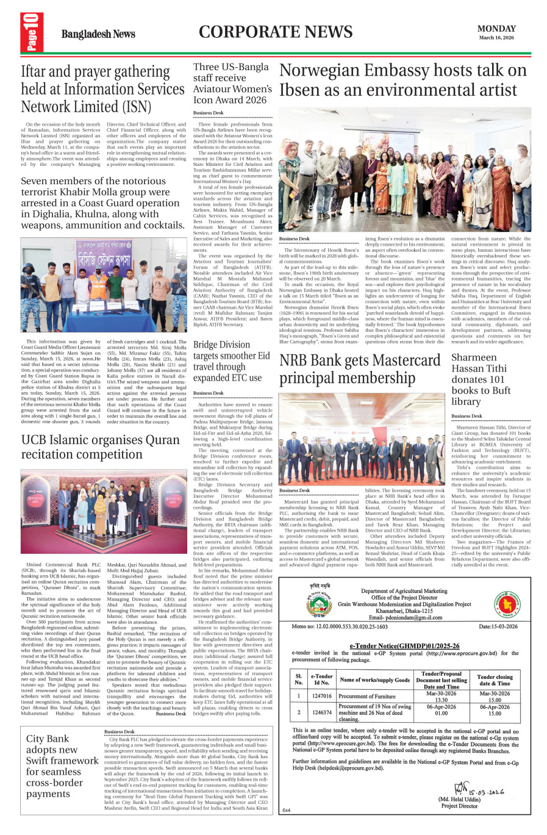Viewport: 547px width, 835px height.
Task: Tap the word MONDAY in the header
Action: click(496, 29)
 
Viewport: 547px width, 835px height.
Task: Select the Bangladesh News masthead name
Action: click(98, 34)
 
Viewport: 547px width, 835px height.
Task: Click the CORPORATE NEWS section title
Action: click(275, 32)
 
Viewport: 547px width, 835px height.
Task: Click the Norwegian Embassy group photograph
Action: click(404, 170)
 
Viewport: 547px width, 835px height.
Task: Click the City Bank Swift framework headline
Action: click(62, 765)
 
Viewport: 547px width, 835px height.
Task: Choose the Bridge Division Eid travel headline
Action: click(231, 361)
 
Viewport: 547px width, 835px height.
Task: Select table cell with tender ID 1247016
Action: click(321, 696)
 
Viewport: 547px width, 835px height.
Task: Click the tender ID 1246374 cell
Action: click(321, 712)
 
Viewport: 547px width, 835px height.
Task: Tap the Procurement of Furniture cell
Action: click(367, 696)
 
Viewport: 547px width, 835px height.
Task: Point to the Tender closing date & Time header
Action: click(495, 680)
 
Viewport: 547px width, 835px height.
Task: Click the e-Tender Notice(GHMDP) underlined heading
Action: click(404, 645)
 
